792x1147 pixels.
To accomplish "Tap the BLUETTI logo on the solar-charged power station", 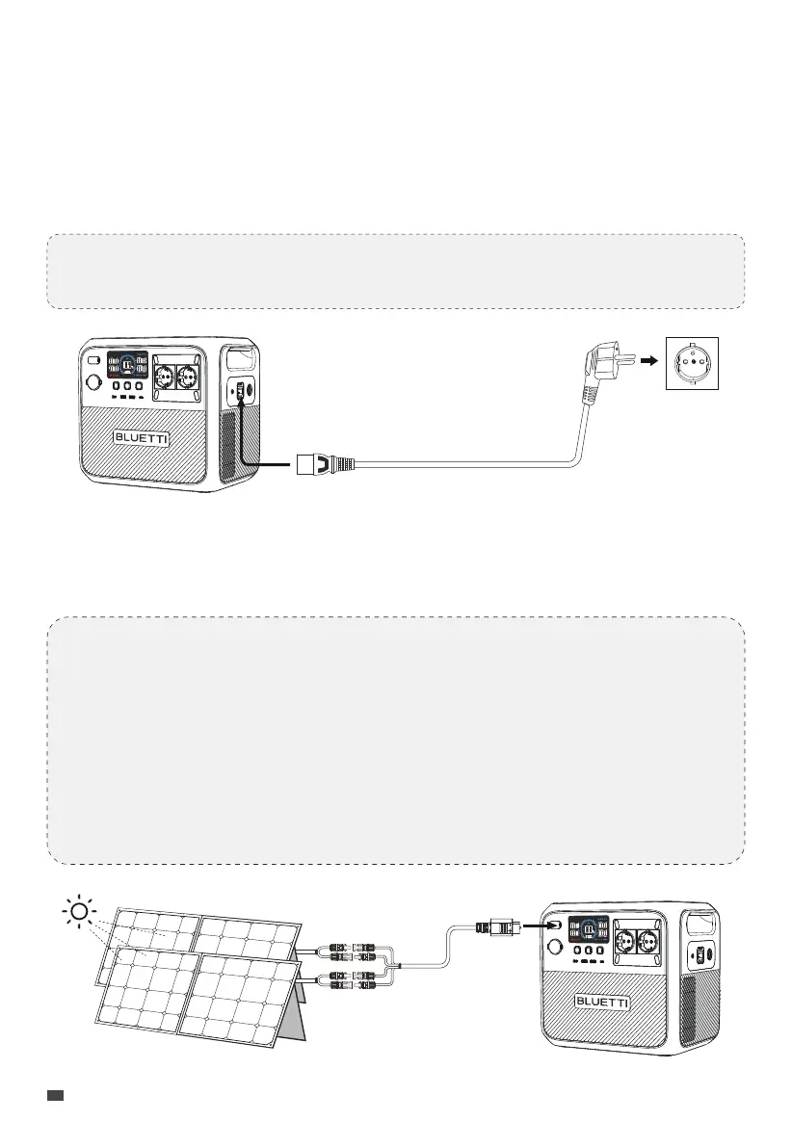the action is (x=602, y=1003).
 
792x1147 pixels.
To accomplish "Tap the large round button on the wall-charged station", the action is (x=94, y=381).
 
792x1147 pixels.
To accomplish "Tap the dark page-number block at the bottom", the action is (x=56, y=1095).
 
